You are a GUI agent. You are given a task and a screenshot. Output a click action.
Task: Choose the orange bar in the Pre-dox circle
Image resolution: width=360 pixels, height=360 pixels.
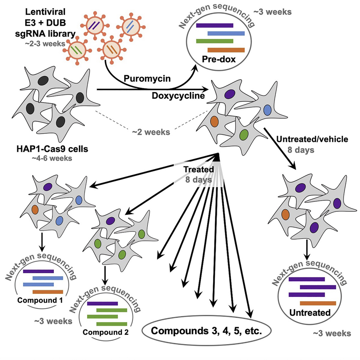226,50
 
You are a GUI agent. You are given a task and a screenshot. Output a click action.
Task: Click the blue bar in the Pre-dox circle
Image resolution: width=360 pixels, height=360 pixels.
226,33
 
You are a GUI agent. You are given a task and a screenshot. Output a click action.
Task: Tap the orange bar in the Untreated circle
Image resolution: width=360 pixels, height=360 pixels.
318,303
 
